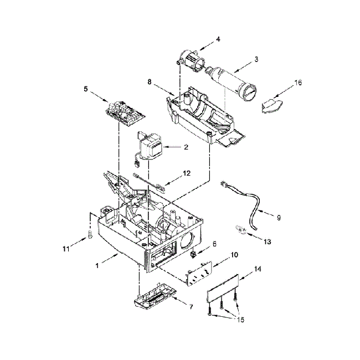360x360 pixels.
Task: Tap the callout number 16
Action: click(x=298, y=83)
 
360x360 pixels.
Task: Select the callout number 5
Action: click(x=86, y=88)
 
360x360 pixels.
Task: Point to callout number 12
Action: click(x=187, y=173)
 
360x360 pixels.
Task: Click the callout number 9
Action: click(x=278, y=218)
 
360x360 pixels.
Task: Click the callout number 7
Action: click(x=191, y=306)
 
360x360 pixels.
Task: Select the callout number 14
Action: click(x=257, y=269)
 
